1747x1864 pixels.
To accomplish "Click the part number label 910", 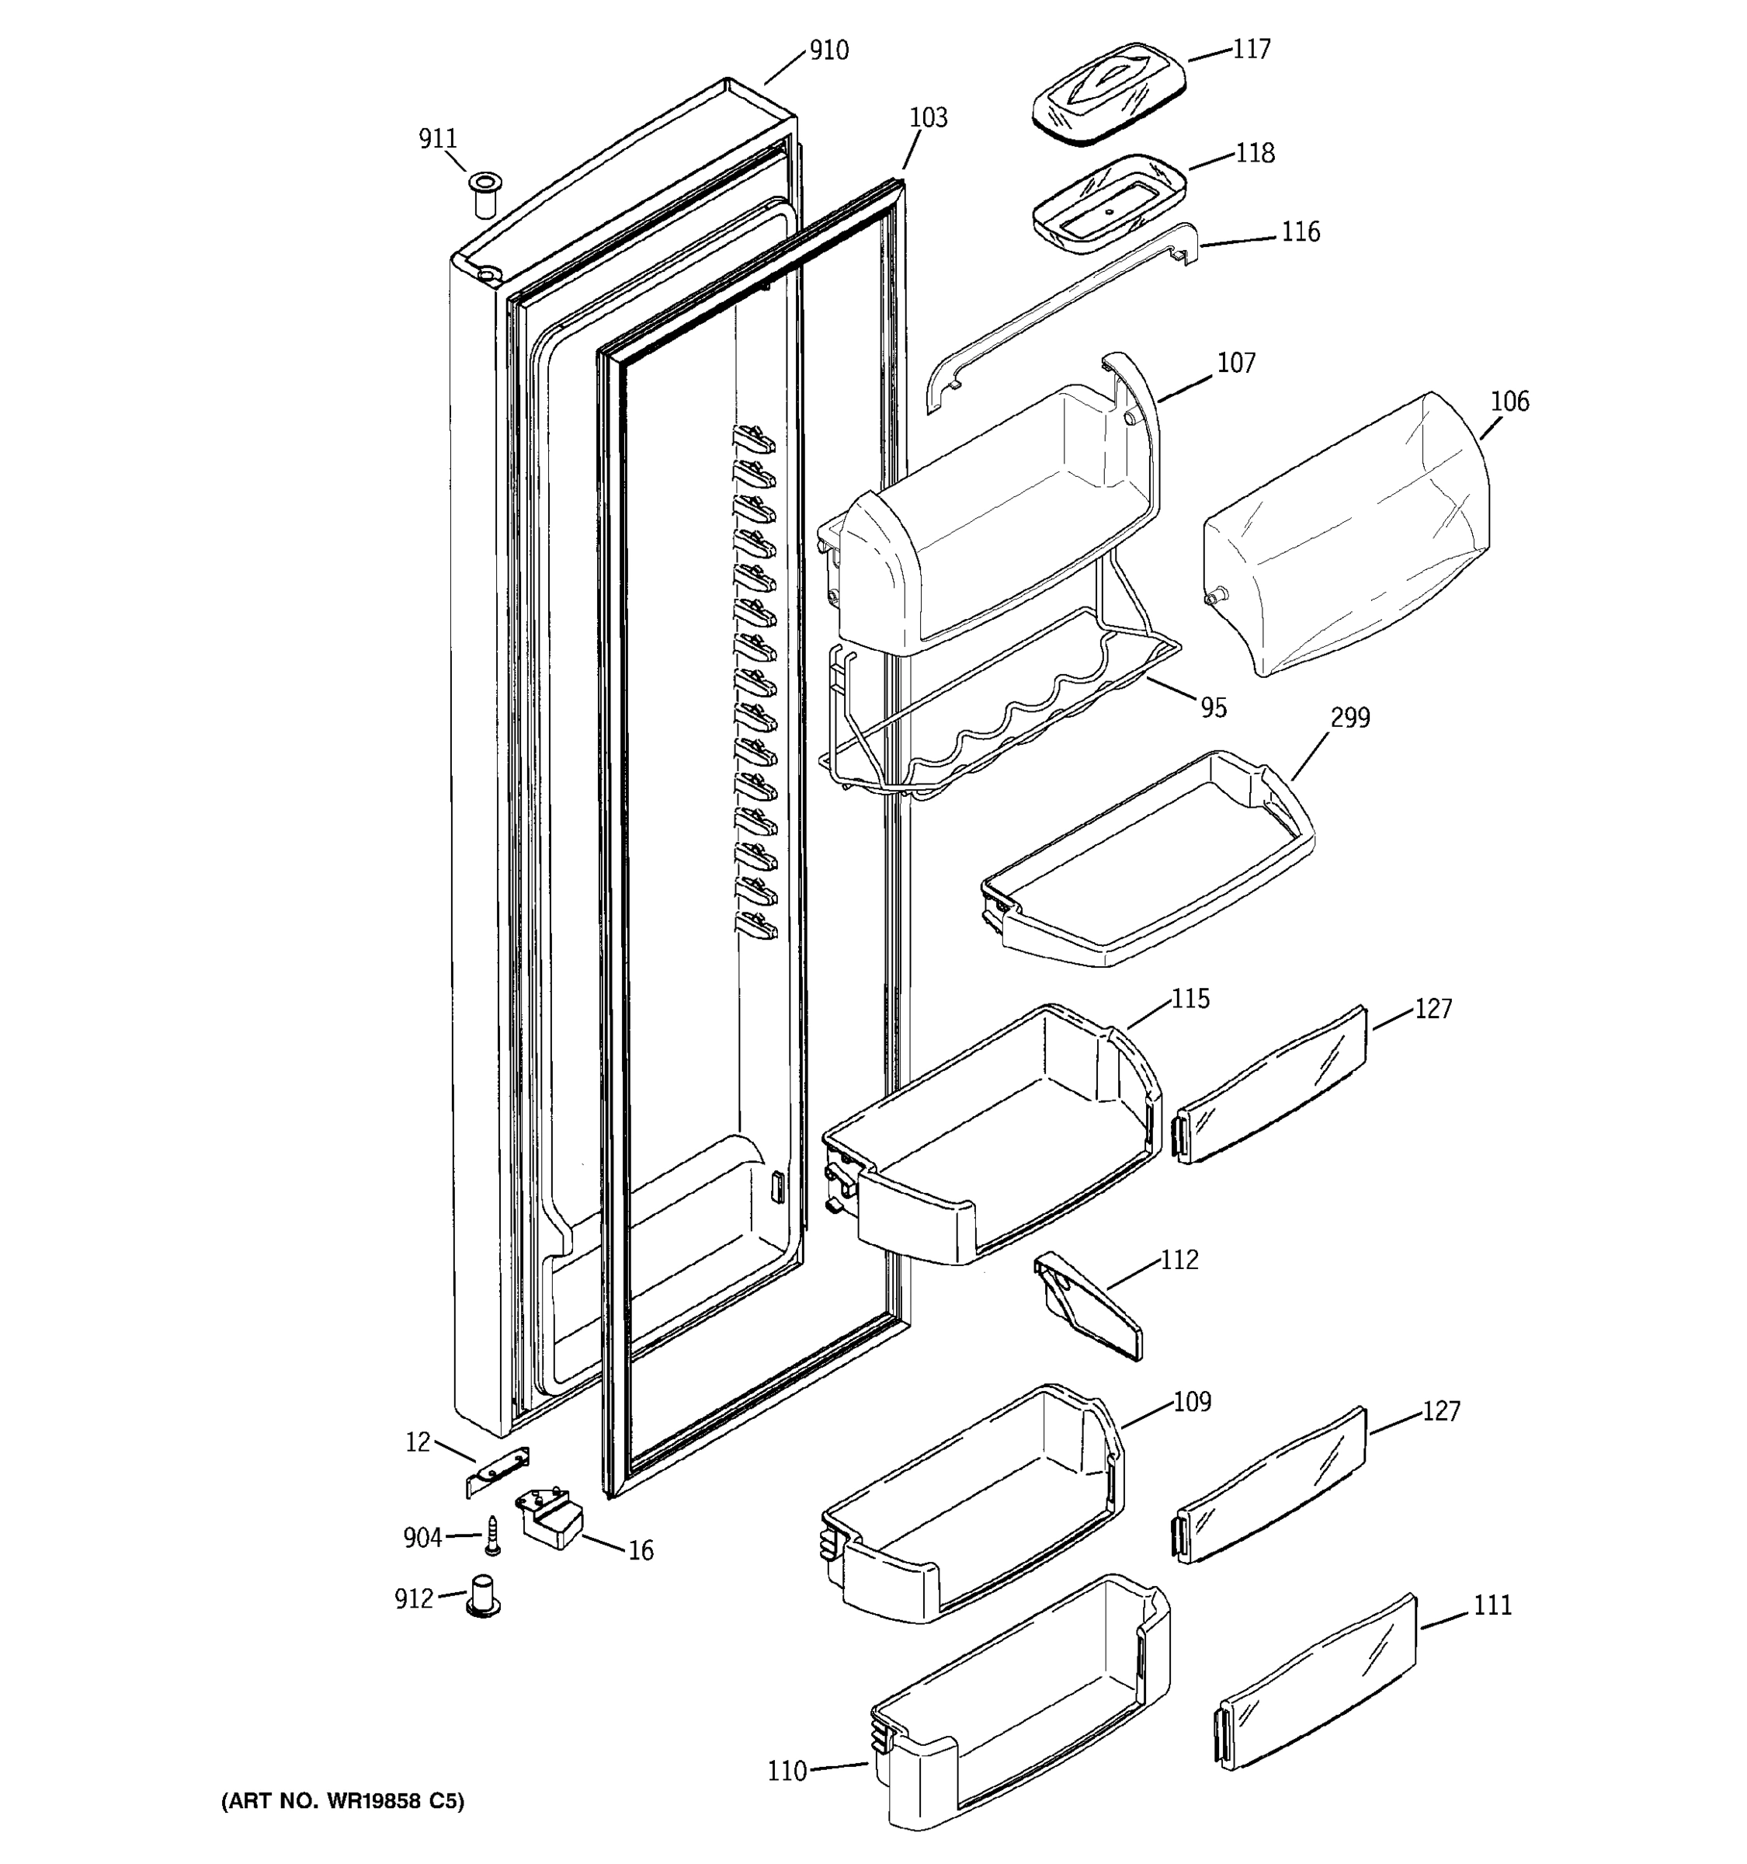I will click(828, 50).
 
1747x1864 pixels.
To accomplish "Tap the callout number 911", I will click(438, 139).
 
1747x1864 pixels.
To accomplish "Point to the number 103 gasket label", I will click(928, 118).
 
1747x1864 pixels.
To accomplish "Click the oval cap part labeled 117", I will click(1109, 93).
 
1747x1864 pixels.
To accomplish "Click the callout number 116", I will click(1300, 231).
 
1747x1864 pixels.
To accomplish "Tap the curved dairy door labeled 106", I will click(1347, 534).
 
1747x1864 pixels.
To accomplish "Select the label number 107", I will click(1235, 363).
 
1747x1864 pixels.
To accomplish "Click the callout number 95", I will click(1213, 708).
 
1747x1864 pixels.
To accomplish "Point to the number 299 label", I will click(1349, 718).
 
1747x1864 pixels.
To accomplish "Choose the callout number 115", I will click(1190, 999).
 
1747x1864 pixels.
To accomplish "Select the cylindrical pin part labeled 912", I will click(484, 1597).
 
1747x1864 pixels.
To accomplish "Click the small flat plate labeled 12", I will click(498, 1471).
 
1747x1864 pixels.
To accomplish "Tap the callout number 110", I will click(787, 1771).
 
